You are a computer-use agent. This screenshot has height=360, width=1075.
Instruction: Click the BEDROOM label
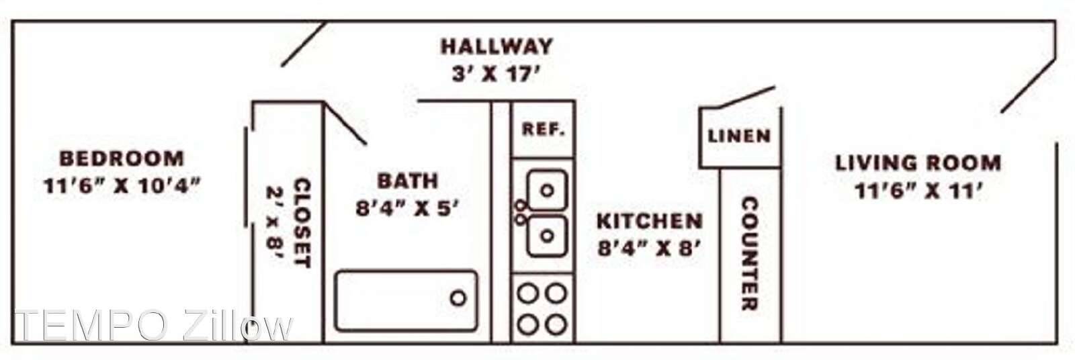[x=122, y=159]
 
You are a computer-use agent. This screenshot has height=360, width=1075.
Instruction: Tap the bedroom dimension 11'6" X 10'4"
[x=122, y=186]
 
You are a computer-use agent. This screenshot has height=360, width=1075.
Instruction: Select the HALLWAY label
[x=497, y=46]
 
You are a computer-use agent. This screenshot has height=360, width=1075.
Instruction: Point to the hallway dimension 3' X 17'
[x=497, y=75]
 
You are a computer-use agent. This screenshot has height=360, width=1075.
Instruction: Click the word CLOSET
[x=302, y=223]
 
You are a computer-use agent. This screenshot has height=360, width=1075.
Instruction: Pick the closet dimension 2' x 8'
[x=275, y=223]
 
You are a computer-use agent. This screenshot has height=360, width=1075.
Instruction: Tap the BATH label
[x=407, y=181]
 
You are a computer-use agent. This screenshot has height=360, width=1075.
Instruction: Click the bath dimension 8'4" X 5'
[x=407, y=208]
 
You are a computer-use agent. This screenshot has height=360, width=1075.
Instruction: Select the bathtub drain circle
[x=458, y=298]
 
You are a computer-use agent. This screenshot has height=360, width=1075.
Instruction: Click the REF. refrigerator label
[x=544, y=129]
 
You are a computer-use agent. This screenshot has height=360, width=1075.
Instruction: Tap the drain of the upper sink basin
[x=547, y=191]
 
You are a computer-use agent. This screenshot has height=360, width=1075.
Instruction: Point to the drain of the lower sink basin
[x=547, y=236]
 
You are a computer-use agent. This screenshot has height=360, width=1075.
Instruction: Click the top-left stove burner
[x=528, y=294]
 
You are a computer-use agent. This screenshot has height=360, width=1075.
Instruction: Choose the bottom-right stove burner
[x=556, y=325]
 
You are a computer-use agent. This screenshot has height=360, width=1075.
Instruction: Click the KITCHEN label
[x=649, y=221]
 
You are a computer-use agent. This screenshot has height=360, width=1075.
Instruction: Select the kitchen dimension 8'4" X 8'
[x=649, y=249]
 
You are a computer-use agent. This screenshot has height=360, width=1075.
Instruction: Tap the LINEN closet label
[x=739, y=136]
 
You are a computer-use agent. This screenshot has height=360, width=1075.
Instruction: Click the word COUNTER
[x=750, y=253]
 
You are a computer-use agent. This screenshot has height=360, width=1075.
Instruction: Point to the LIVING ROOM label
[x=918, y=163]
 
